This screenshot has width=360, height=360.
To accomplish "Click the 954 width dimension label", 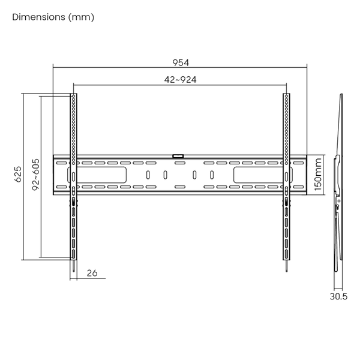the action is point(181,62).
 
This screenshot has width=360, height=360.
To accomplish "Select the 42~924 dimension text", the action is point(180,80).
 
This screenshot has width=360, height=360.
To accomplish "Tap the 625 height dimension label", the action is point(18,174).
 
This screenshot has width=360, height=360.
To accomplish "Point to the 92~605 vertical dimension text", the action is point(35,175).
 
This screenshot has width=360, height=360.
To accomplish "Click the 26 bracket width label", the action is point(92,273).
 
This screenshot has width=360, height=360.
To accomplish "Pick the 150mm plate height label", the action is point(318,174).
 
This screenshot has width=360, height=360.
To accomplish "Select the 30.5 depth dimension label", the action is point(338,296).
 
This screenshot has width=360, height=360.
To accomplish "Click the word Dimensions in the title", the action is point(38,17).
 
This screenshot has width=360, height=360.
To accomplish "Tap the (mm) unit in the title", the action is point(81,17).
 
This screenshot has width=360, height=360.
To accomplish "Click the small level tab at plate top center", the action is point(178,156).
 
